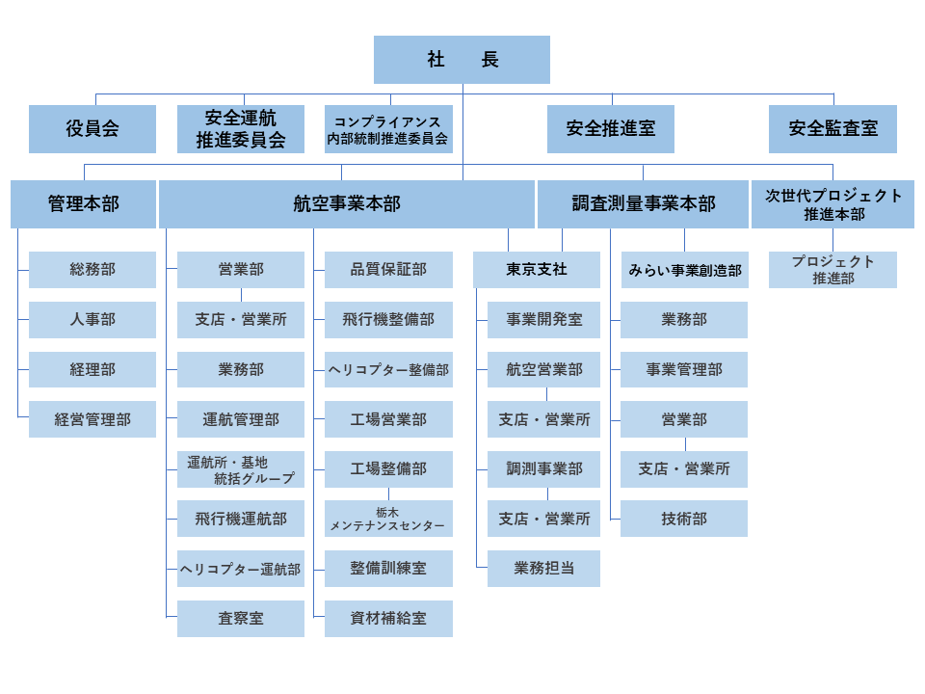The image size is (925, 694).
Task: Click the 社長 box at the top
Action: click(462, 60)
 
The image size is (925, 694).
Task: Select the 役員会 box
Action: click(92, 129)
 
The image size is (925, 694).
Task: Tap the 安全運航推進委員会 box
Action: click(241, 129)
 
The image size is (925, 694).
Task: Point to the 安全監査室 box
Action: click(832, 129)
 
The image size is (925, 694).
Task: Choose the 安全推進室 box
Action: click(611, 129)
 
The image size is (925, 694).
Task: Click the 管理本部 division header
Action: click(83, 204)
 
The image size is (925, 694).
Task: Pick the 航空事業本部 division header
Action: click(347, 204)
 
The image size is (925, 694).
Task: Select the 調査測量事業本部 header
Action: click(644, 204)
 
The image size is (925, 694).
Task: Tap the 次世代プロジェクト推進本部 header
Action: click(832, 204)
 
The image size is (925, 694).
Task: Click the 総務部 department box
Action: click(92, 270)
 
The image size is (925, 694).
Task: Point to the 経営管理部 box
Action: click(92, 419)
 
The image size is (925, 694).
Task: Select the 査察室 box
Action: click(241, 619)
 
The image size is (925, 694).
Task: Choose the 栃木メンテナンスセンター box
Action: click(388, 519)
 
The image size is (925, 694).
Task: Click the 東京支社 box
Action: click(537, 270)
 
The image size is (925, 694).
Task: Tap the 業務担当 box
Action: click(543, 569)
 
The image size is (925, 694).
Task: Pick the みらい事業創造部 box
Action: click(685, 270)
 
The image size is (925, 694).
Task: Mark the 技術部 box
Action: click(684, 519)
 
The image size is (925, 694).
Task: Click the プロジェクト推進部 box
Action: click(832, 270)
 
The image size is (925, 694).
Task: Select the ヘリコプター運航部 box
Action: click(241, 569)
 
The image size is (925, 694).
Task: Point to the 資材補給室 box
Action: click(388, 619)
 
